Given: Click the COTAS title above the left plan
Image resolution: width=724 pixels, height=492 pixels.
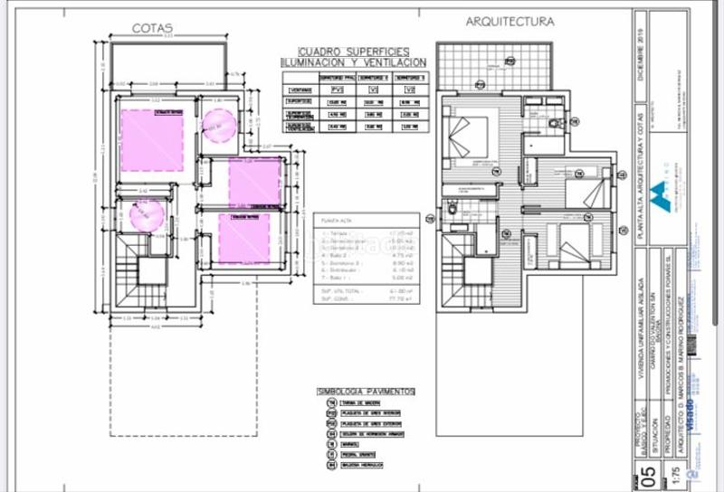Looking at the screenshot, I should pyautogui.click(x=152, y=28).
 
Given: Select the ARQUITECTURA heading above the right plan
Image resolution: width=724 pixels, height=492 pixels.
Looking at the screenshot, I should pyautogui.click(x=510, y=21).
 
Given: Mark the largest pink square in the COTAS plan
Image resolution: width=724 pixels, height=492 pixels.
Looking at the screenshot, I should pyautogui.click(x=152, y=140).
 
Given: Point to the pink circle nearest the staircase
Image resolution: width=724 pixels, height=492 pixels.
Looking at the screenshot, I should pyautogui.click(x=146, y=216).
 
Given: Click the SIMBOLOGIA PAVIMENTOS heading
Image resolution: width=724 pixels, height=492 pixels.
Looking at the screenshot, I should pyautogui.click(x=366, y=392).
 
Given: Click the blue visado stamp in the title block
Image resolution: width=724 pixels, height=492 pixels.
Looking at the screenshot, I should pyautogui.click(x=688, y=412).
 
